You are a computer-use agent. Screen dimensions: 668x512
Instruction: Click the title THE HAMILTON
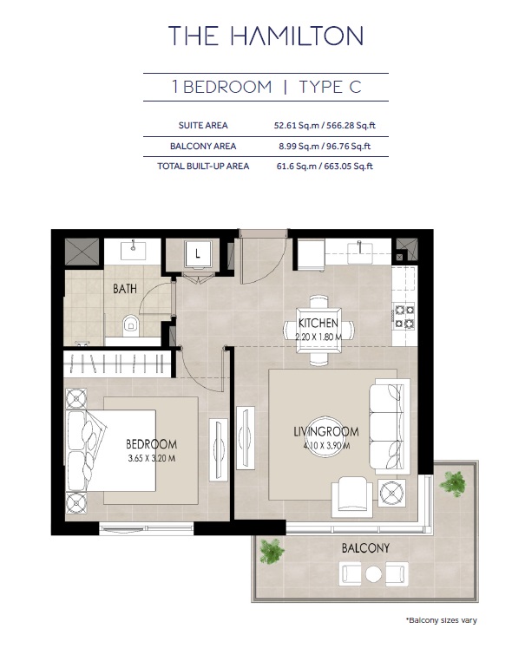(x=265, y=36)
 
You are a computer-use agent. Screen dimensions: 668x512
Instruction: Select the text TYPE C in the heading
(x=330, y=87)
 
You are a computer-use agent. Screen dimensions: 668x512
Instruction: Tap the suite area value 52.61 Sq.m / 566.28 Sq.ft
(x=324, y=126)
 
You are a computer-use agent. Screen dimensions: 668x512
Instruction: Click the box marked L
(x=199, y=254)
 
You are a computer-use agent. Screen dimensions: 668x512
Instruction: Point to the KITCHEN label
(x=318, y=323)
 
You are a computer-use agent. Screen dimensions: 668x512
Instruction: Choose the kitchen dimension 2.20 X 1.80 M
(x=318, y=336)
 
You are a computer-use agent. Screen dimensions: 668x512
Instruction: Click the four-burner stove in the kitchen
(x=404, y=317)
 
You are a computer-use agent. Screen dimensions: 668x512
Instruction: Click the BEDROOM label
(x=152, y=444)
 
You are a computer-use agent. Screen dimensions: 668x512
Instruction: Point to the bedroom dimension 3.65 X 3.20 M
(x=152, y=458)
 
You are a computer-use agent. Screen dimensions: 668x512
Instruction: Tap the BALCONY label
(x=365, y=547)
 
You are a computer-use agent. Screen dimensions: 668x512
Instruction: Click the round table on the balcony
(x=374, y=573)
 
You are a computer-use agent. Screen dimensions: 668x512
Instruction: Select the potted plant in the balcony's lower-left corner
(x=272, y=551)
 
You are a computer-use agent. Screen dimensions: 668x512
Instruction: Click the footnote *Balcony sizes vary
(x=441, y=619)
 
